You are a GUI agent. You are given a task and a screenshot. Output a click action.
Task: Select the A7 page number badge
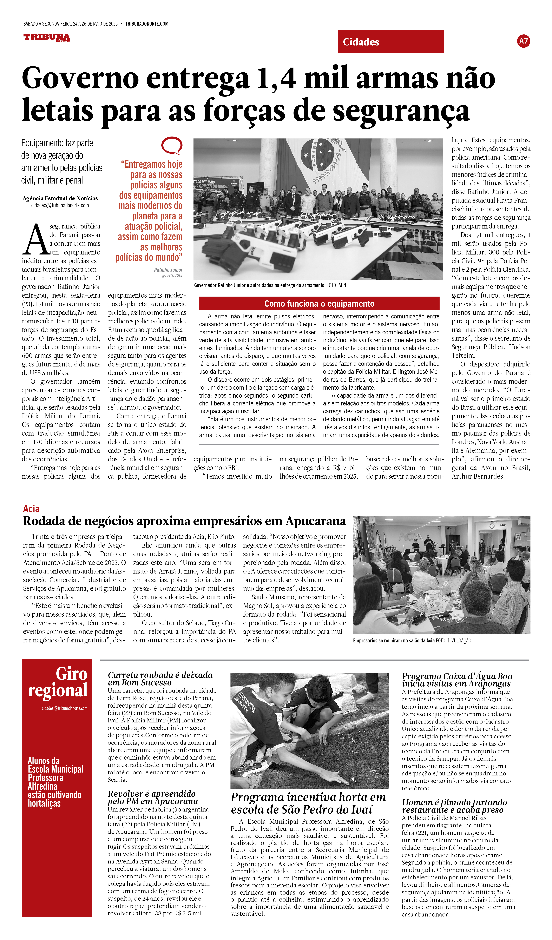tap(523, 41)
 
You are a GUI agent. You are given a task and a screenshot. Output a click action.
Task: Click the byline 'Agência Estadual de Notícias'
tap(60, 198)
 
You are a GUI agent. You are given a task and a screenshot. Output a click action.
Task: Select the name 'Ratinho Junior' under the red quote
tap(168, 270)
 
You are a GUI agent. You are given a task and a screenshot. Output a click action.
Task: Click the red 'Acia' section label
tap(31, 509)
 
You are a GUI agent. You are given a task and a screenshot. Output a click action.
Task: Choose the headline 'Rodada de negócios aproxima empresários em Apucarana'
tap(184, 521)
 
